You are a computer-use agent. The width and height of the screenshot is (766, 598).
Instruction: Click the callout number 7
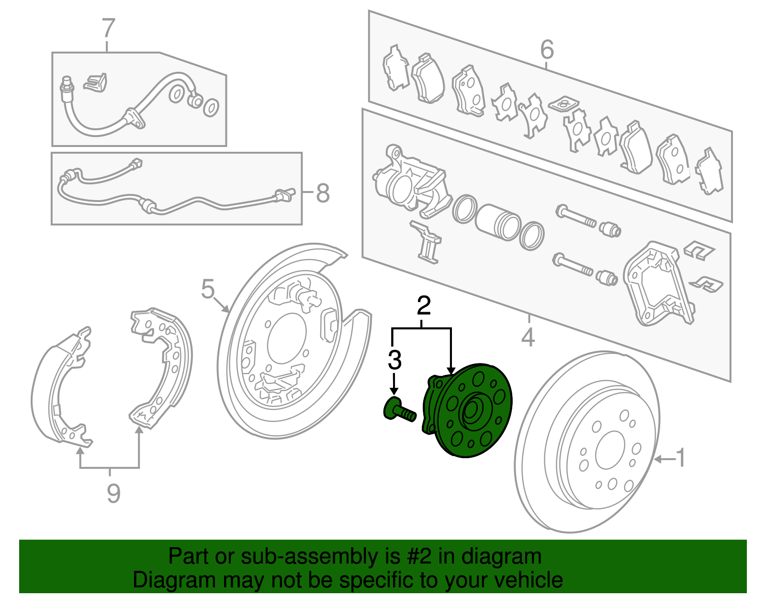109,29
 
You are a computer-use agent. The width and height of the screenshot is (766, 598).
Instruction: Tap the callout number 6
547,50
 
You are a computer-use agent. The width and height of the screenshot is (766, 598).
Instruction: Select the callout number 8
323,194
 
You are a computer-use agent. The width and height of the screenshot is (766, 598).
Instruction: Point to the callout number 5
207,289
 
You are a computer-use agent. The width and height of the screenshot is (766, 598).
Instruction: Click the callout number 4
528,338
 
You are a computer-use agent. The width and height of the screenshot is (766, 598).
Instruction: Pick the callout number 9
113,493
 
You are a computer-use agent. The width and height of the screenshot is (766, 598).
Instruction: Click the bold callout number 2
424,305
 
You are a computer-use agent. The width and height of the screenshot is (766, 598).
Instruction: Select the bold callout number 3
394,360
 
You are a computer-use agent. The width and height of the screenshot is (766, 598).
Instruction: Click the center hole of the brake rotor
609,450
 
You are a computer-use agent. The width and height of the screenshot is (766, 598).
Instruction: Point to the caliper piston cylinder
498,221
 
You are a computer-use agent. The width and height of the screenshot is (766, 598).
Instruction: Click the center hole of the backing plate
286,338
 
